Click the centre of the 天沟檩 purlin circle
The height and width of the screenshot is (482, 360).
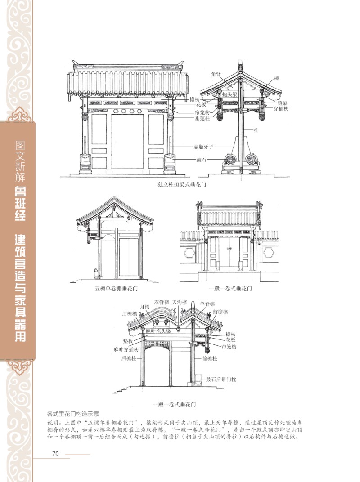tap(178, 329)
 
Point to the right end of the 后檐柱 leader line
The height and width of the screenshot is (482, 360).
tap(143, 358)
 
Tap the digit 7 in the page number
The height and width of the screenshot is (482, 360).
tap(54, 453)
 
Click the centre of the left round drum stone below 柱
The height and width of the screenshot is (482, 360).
tap(230, 160)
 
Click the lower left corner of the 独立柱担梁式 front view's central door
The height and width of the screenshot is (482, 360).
tap(112, 168)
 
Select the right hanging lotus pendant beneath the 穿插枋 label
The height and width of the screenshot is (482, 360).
tap(262, 117)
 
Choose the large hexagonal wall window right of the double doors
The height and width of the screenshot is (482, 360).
tap(269, 253)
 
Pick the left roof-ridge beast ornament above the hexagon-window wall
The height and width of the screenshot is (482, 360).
tap(199, 204)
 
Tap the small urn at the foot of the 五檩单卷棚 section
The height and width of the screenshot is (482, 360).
tap(95, 272)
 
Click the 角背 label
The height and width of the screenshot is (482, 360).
tap(216, 74)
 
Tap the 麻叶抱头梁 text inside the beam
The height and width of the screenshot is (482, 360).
tap(158, 331)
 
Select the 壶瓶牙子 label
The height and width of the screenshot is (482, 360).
tap(203, 147)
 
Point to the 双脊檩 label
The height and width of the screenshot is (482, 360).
tap(162, 302)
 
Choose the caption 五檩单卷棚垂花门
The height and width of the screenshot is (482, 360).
tap(116, 289)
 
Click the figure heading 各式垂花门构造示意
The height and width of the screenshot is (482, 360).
tap(73, 414)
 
